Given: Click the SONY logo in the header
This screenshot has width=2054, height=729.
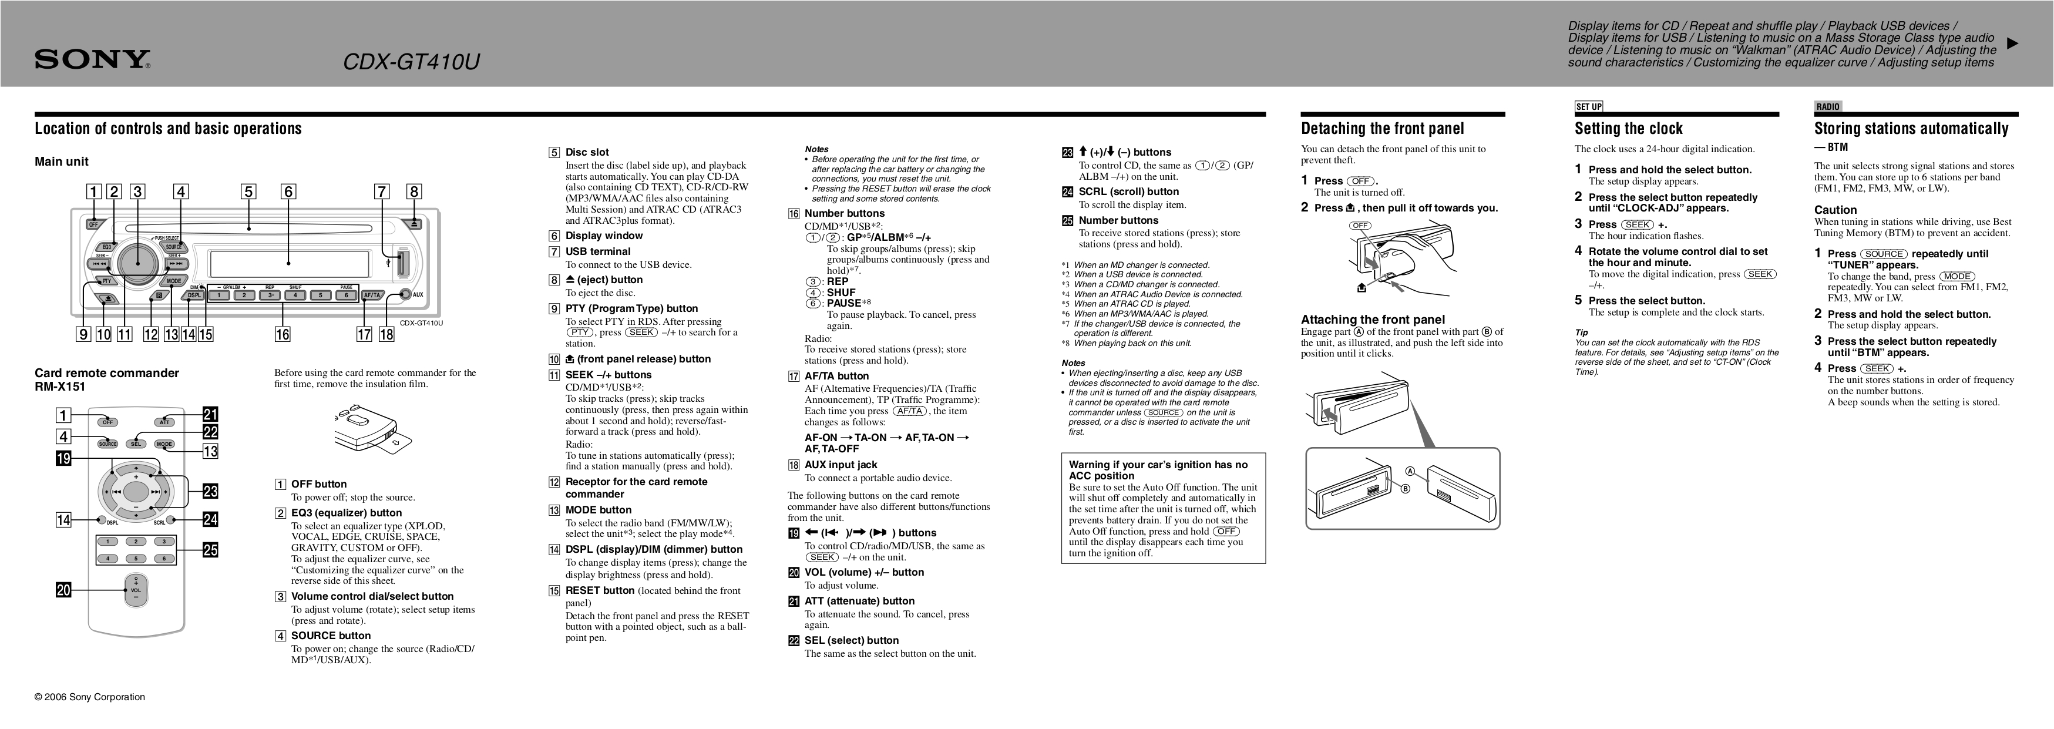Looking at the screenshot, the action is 92,60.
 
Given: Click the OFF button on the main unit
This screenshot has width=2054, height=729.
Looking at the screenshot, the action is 94,224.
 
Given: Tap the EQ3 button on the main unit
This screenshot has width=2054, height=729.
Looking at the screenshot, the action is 107,247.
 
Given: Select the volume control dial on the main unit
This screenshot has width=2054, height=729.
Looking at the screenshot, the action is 137,263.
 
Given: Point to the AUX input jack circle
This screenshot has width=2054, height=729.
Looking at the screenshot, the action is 406,294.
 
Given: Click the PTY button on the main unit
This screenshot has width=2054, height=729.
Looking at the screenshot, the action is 105,281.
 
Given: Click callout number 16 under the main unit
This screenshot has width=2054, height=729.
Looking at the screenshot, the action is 283,334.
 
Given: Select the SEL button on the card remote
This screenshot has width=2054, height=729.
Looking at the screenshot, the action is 136,444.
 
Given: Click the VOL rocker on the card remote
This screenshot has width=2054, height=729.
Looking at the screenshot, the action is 136,590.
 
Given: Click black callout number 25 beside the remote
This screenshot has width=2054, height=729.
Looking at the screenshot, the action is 210,550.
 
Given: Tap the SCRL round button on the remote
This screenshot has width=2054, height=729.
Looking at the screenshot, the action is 171,519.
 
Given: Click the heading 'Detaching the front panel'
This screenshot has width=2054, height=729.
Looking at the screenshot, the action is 1382,129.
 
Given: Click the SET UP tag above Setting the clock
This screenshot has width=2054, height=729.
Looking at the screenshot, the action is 1588,107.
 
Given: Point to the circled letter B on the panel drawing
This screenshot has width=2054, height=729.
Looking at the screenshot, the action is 1406,489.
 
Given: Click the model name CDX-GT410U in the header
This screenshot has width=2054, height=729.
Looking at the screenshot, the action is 411,62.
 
